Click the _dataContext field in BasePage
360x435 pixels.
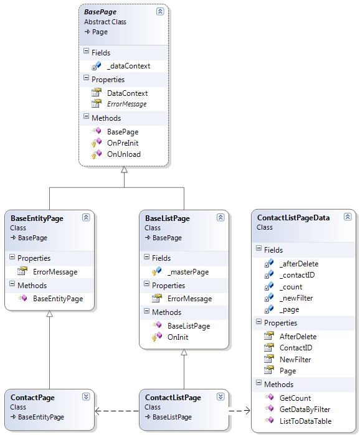pyautogui.click(x=128, y=66)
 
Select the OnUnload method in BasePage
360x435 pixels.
pyautogui.click(x=124, y=154)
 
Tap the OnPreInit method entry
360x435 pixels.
pyautogui.click(x=123, y=143)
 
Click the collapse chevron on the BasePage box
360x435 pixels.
pyautogui.click(x=160, y=11)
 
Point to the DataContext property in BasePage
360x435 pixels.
pyautogui.click(x=128, y=93)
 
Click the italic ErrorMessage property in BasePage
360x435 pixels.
pyautogui.click(x=127, y=104)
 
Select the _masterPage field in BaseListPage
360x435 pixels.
pyautogui.click(x=188, y=272)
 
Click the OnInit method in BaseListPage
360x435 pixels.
pyautogui.click(x=178, y=337)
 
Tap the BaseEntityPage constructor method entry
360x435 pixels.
pyautogui.click(x=58, y=299)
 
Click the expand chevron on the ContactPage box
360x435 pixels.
pyautogui.click(x=86, y=396)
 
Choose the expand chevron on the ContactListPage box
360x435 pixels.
pyautogui.click(x=220, y=396)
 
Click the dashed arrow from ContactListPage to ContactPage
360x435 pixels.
pyautogui.click(x=117, y=411)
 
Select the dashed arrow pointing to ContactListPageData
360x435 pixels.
pyautogui.click(x=240, y=411)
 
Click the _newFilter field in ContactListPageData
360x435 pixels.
pyautogui.click(x=296, y=298)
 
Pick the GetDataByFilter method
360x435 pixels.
pyautogui.click(x=305, y=409)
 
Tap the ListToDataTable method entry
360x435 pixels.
pyautogui.click(x=305, y=421)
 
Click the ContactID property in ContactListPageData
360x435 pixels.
pyautogui.click(x=296, y=348)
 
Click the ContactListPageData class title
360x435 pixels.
pyautogui.click(x=293, y=218)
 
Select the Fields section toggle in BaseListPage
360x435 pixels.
pyautogui.click(x=146, y=257)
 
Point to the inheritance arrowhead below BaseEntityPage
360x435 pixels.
pyautogui.click(x=50, y=314)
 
